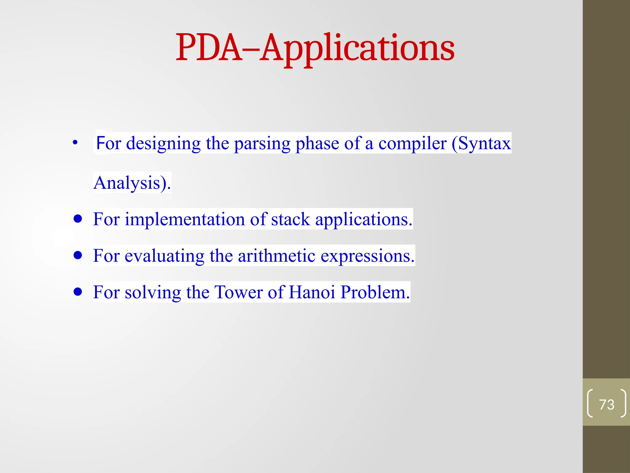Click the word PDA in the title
pyautogui.click(x=209, y=48)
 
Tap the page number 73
pyautogui.click(x=606, y=404)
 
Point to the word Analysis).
pyautogui.click(x=132, y=183)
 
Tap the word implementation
pyautogui.click(x=185, y=220)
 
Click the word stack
pyautogui.click(x=290, y=219)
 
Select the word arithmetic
pyautogui.click(x=277, y=256)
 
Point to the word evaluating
pyautogui.click(x=164, y=256)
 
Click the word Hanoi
pyautogui.click(x=312, y=292)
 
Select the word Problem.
pyautogui.click(x=375, y=292)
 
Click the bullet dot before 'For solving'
pyautogui.click(x=78, y=292)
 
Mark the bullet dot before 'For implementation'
pyautogui.click(x=78, y=219)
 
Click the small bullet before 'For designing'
pyautogui.click(x=75, y=143)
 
